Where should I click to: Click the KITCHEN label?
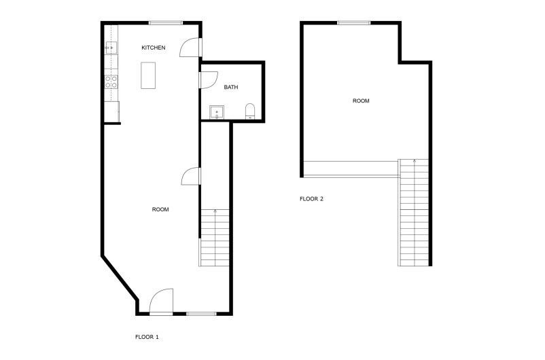(x=153, y=48)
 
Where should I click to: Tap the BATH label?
(x=231, y=87)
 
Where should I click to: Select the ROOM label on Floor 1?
(x=160, y=209)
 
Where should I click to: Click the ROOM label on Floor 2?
(x=361, y=101)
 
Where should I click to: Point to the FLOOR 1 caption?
(x=147, y=336)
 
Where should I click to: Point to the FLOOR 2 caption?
(x=312, y=199)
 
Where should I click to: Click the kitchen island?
(x=148, y=75)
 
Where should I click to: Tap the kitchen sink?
(x=111, y=48)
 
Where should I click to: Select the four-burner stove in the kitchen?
(x=111, y=82)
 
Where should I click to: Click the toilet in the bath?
(x=250, y=111)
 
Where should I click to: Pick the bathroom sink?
(x=217, y=111)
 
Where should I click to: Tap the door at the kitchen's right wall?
(x=191, y=47)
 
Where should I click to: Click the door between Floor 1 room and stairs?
(x=192, y=176)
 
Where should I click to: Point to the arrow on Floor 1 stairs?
(x=215, y=212)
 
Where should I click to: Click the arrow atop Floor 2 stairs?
(x=415, y=162)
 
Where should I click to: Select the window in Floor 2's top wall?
(x=353, y=23)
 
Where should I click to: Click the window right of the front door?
(x=201, y=313)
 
